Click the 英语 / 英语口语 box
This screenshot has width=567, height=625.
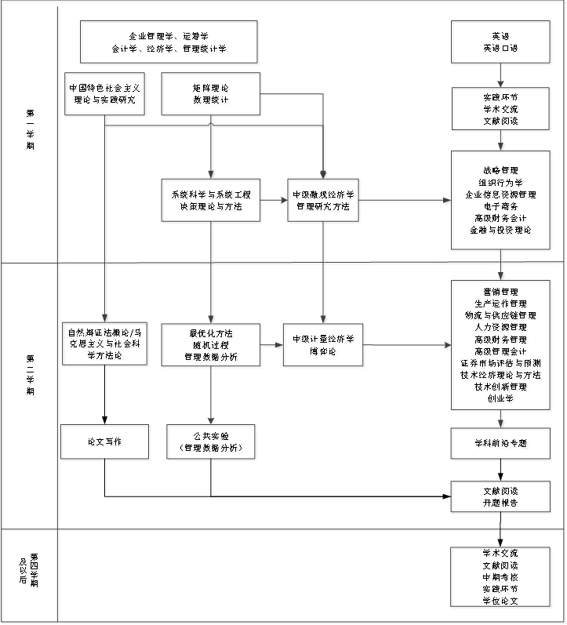(x=500, y=43)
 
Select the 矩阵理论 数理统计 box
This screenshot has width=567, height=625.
(x=212, y=95)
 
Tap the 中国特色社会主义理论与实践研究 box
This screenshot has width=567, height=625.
(x=107, y=95)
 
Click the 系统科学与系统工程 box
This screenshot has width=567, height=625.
(x=212, y=201)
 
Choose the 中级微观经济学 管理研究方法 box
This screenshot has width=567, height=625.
(x=324, y=201)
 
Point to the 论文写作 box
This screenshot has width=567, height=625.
(x=106, y=443)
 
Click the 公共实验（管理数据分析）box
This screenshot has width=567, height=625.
(x=212, y=443)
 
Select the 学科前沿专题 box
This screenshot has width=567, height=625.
(x=502, y=445)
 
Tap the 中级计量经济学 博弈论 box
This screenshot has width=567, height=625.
(x=324, y=345)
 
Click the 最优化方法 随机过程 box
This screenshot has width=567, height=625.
(x=212, y=345)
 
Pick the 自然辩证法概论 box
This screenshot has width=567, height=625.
(x=107, y=345)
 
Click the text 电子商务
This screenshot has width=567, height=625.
(x=502, y=207)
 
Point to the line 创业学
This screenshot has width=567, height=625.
(x=502, y=400)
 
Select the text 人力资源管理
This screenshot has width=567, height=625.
(x=502, y=329)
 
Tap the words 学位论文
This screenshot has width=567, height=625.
(x=502, y=601)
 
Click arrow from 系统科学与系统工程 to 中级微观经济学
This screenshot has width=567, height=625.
(x=275, y=201)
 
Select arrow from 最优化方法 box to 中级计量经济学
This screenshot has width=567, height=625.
(x=273, y=345)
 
